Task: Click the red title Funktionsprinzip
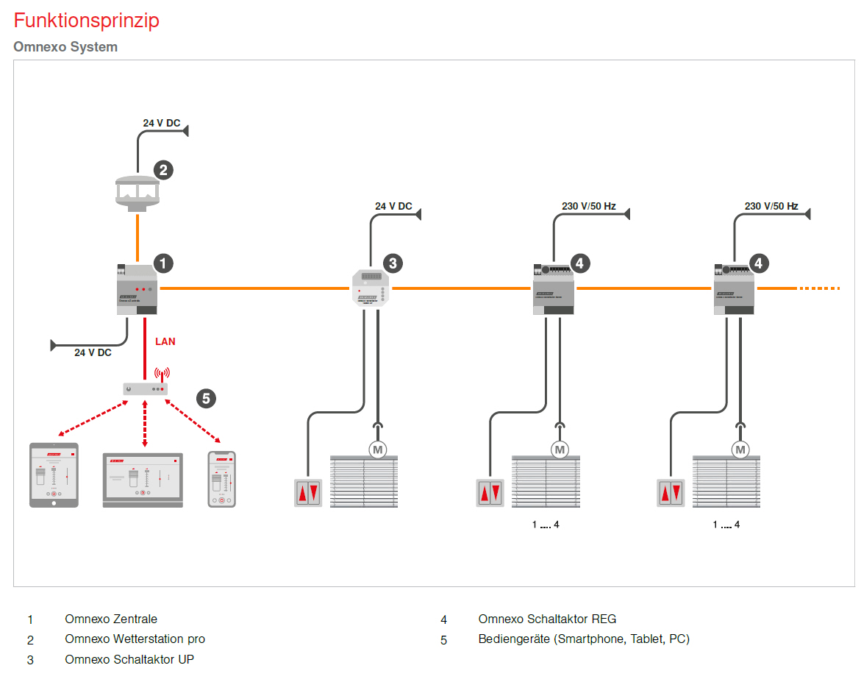[86, 21]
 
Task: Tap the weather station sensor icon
[137, 192]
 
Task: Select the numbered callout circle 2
[163, 170]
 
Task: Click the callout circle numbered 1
[162, 263]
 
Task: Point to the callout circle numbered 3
[393, 263]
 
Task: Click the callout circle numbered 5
[206, 398]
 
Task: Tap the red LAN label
[165, 341]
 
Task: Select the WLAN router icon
[146, 387]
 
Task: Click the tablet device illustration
[54, 475]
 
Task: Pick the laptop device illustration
[143, 480]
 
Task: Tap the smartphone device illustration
[222, 478]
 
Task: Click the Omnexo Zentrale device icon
[137, 289]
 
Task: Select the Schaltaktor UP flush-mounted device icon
[371, 288]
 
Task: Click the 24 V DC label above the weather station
[162, 123]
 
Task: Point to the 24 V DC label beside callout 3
[393, 206]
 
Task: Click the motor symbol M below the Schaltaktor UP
[378, 448]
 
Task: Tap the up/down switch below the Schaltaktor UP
[308, 493]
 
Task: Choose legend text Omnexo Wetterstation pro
[135, 639]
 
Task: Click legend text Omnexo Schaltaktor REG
[547, 619]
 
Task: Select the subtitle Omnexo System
[65, 47]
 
